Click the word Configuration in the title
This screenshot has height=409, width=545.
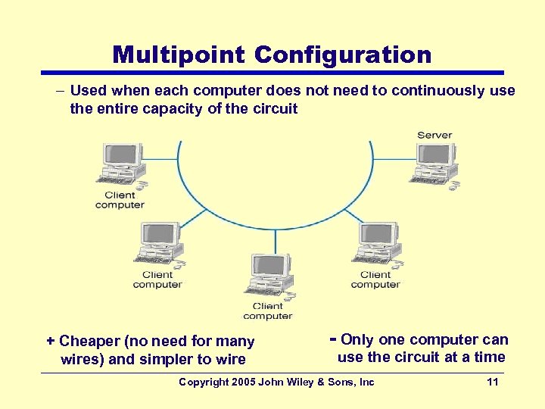point(343,55)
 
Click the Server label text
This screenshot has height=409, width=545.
point(434,136)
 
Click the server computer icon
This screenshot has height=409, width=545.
point(434,163)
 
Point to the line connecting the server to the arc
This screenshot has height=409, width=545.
point(391,159)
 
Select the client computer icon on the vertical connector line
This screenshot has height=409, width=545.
point(268,276)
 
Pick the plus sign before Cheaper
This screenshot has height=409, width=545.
point(50,342)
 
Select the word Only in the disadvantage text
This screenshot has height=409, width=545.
point(359,340)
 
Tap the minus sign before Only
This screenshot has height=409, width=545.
point(334,339)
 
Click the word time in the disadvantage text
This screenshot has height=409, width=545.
point(490,357)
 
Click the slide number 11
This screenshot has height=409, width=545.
point(493,382)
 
